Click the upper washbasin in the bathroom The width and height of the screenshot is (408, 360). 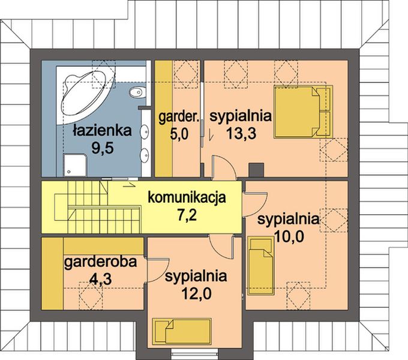click(144, 133)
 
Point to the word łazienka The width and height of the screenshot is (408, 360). click(98, 129)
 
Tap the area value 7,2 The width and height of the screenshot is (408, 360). click(186, 214)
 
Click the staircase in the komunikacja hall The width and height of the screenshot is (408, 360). click(90, 207)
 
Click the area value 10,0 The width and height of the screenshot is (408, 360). click(289, 236)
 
